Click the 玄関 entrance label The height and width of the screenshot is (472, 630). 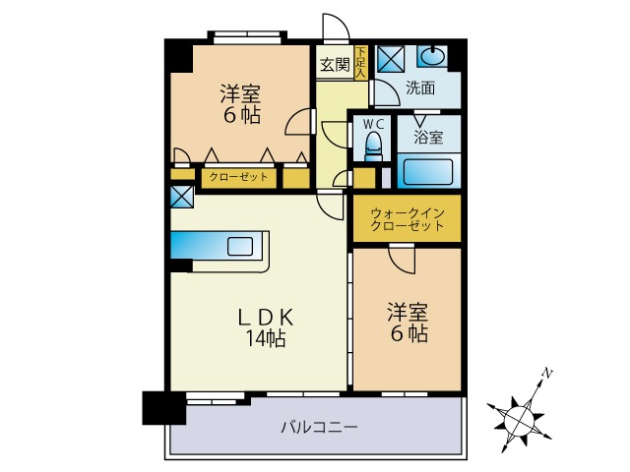(x=335, y=66)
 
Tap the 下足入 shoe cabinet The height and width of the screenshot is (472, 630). (x=361, y=62)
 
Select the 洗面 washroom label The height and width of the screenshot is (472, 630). (x=420, y=88)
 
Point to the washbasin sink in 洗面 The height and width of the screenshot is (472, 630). (x=433, y=56)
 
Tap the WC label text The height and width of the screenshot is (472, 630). (x=373, y=124)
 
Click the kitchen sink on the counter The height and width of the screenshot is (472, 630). (x=240, y=245)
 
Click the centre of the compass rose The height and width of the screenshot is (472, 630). (x=520, y=418)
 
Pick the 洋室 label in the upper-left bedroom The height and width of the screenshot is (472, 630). (x=240, y=94)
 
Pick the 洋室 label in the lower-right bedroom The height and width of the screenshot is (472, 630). (x=407, y=314)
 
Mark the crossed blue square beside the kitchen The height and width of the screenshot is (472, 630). (x=182, y=196)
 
